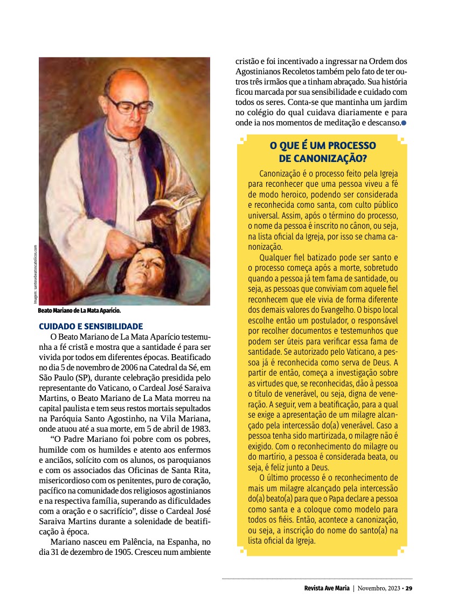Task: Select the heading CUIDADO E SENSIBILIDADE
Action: click(x=91, y=326)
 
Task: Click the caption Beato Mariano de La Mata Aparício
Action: click(x=79, y=311)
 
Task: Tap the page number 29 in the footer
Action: click(x=409, y=588)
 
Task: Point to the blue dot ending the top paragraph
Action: click(x=404, y=123)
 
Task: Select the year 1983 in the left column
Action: click(x=198, y=428)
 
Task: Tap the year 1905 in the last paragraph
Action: click(x=128, y=552)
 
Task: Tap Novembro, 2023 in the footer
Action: click(x=379, y=588)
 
